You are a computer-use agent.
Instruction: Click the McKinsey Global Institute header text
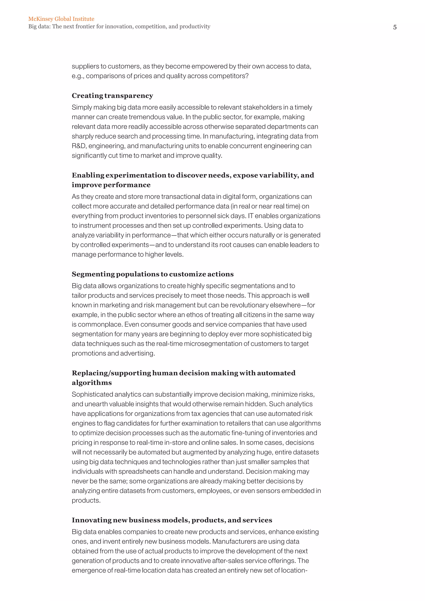(x=61, y=19)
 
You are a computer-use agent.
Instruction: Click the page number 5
(x=395, y=27)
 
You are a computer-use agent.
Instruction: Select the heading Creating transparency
(x=112, y=95)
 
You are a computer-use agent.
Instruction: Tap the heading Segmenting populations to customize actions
(x=153, y=274)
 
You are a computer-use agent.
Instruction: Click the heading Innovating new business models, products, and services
(x=172, y=520)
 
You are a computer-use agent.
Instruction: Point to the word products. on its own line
(x=86, y=501)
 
